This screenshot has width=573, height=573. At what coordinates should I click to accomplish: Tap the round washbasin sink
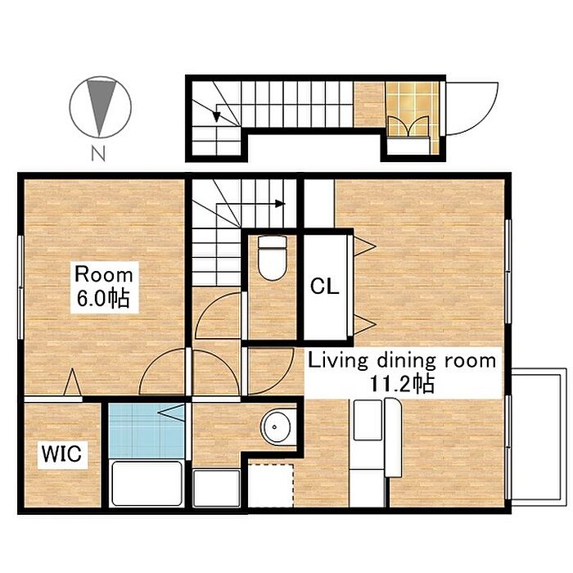276,426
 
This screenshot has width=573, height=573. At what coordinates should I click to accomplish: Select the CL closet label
324,286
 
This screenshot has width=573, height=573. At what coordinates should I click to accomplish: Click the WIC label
61,453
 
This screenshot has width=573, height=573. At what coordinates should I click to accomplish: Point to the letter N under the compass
98,154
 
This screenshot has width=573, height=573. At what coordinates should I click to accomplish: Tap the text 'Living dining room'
402,361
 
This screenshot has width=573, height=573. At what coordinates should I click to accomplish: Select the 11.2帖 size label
403,384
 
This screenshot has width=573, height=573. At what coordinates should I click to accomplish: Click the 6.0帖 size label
103,298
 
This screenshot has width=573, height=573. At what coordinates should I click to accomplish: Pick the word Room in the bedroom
104,274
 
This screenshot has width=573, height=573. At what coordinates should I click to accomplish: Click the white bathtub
147,483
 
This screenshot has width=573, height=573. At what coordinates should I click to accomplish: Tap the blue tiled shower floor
147,431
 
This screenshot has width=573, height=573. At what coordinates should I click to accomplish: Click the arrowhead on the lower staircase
280,204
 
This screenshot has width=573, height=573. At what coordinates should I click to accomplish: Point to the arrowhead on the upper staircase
216,116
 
